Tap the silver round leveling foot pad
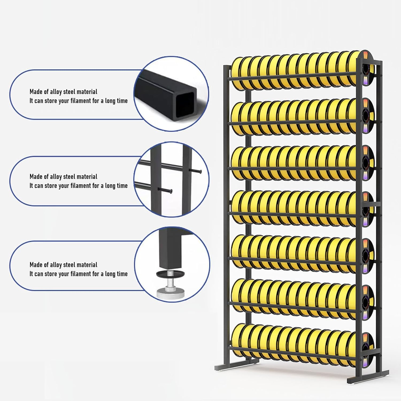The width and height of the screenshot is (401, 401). coord(170,293)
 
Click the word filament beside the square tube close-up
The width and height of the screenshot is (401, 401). coord(80,101)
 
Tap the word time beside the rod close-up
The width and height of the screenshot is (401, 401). coord(122,186)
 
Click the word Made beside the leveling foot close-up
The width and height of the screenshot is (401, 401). coord(36,265)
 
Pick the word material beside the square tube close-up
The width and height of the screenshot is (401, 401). coord(87,92)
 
